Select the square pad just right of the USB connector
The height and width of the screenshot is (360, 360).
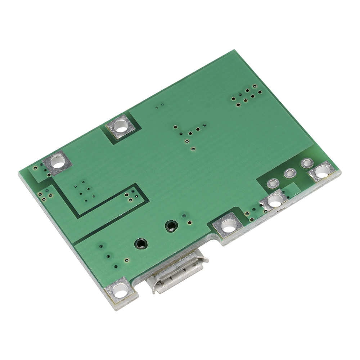[x=228, y=226]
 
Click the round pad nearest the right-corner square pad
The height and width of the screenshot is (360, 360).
[x=307, y=163]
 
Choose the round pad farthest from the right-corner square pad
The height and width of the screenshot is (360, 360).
[x=273, y=183]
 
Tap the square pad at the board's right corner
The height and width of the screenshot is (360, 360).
[x=322, y=172]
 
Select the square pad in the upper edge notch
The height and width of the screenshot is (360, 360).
[x=122, y=127]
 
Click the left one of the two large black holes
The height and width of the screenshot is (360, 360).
[x=141, y=244]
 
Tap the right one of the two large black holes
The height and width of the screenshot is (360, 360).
[x=171, y=226]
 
